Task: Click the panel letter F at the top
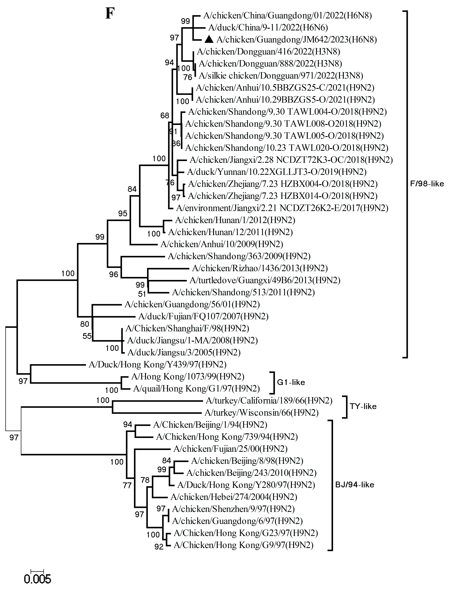click(110, 13)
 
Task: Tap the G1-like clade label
click(291, 382)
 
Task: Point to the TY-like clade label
click(363, 406)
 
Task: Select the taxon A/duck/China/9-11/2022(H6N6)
click(268, 27)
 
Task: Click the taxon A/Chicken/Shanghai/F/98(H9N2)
click(187, 328)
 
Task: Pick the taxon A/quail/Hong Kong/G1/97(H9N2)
click(196, 388)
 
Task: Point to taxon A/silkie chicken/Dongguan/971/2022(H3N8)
click(281, 76)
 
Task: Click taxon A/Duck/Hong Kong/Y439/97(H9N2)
click(158, 364)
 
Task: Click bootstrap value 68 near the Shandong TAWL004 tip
click(165, 115)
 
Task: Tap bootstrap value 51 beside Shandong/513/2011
click(142, 294)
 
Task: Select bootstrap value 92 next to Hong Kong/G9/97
click(159, 547)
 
